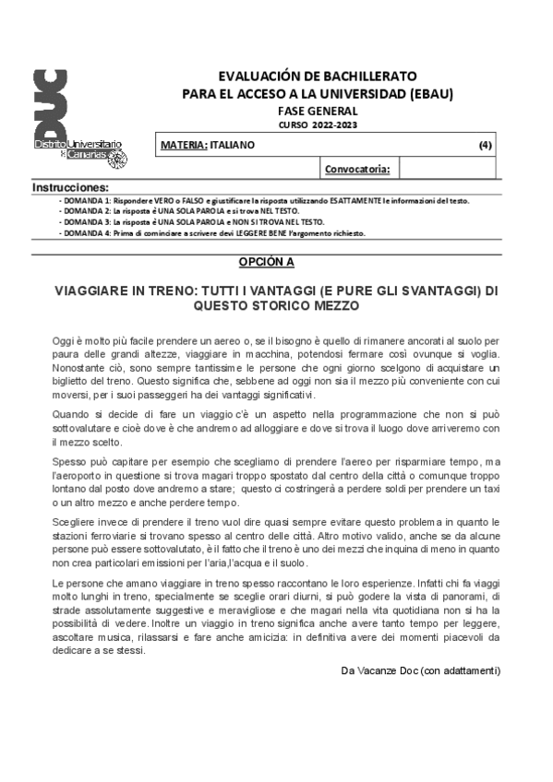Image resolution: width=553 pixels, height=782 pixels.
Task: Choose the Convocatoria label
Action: tap(358, 170)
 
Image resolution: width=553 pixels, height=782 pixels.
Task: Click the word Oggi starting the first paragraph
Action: tap(65, 341)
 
